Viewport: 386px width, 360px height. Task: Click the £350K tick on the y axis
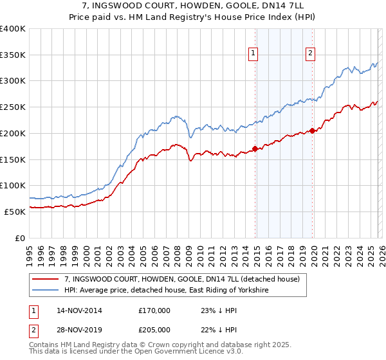[x=13, y=55]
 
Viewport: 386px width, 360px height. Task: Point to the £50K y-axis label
[x=15, y=212]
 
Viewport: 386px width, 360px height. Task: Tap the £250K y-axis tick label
[x=13, y=107]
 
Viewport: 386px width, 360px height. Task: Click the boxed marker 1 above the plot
[x=253, y=54]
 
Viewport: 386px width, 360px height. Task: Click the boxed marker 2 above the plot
[x=310, y=54]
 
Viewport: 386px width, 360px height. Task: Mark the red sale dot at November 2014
[x=255, y=148]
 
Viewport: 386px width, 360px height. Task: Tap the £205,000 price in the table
[x=154, y=329]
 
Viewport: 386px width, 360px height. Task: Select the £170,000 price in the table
[x=154, y=310]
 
